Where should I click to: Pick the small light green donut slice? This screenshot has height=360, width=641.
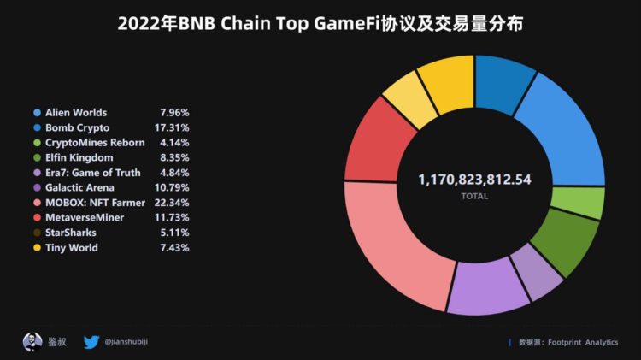(x=588, y=203)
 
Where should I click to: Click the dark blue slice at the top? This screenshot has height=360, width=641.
(x=504, y=85)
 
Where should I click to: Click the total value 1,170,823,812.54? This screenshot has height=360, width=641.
(x=474, y=179)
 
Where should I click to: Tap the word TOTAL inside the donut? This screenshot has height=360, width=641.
(x=474, y=196)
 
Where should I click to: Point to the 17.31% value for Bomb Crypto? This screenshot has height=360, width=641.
(x=174, y=127)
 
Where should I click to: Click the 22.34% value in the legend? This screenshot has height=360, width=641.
(x=174, y=203)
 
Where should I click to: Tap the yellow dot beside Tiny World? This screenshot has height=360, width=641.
(x=37, y=248)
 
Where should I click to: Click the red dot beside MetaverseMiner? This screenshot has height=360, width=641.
(x=37, y=218)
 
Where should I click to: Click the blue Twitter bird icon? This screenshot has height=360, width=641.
(x=91, y=342)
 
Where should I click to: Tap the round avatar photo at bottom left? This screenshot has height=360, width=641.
(x=32, y=342)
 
